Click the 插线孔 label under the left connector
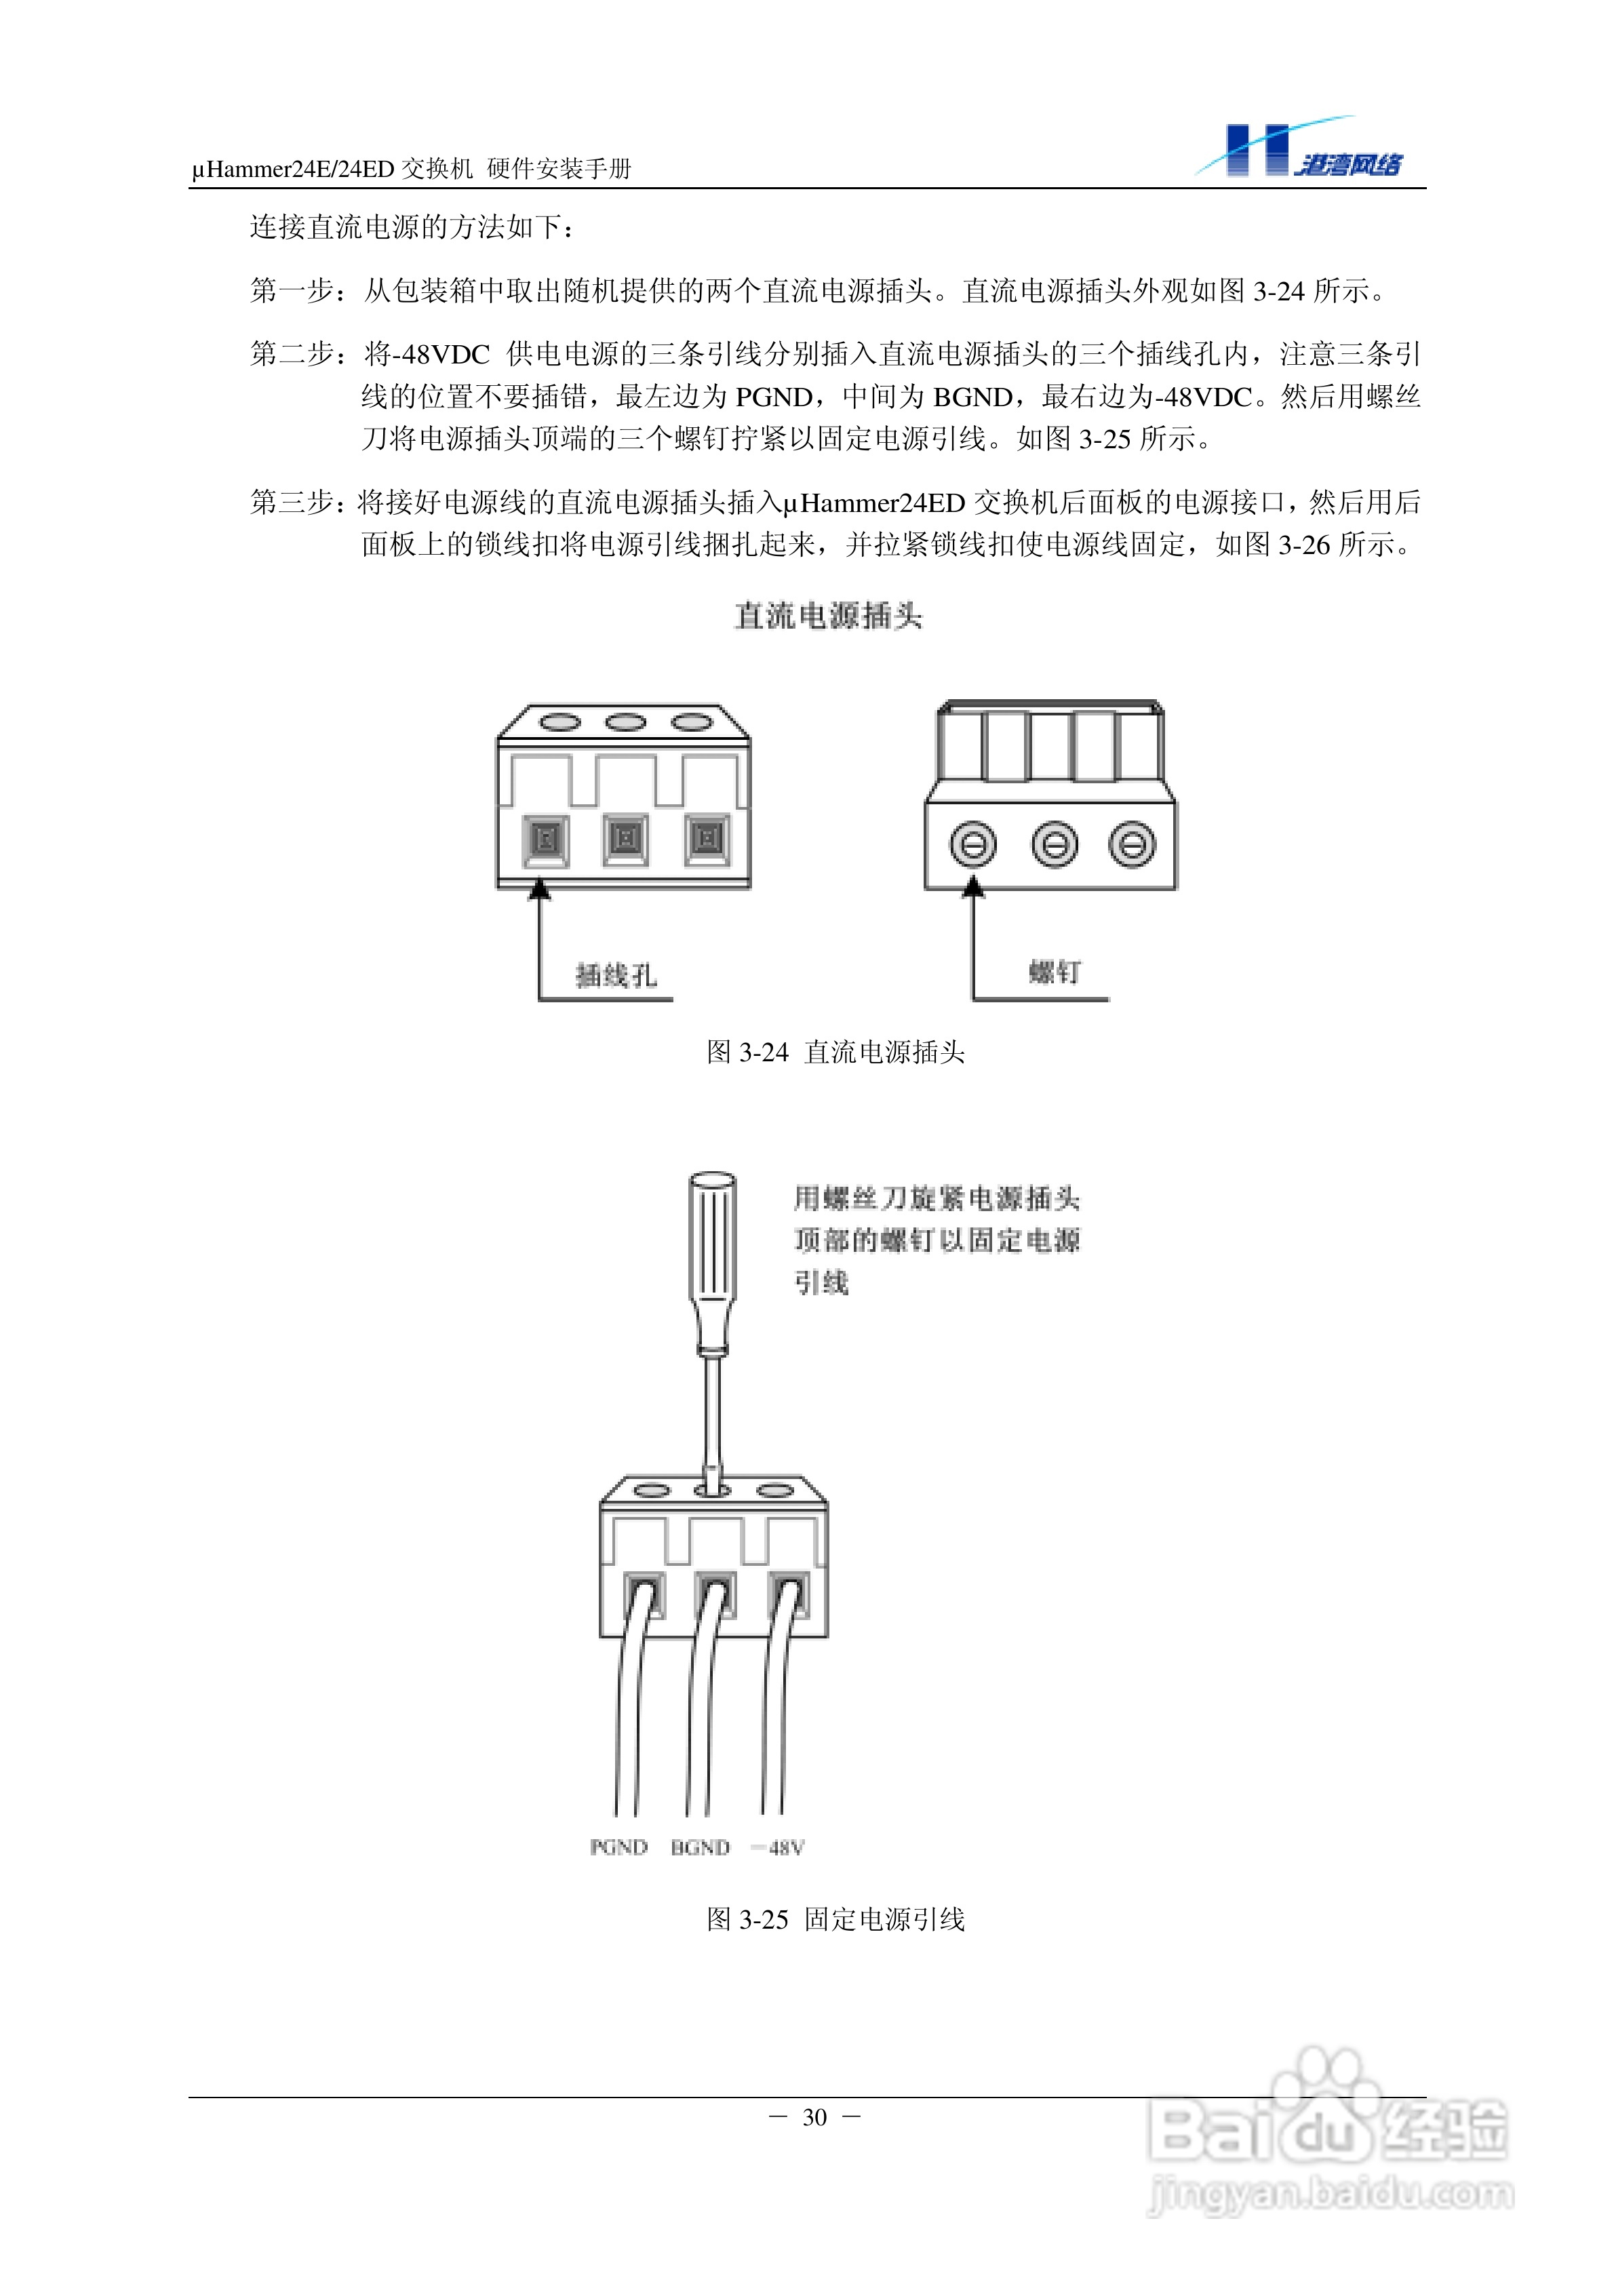616,975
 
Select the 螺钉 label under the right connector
1054,972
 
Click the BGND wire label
700,1847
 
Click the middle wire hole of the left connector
625,839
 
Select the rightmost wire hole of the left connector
707,839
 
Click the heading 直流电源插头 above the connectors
828,616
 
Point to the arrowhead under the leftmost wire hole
539,888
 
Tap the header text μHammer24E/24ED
294,169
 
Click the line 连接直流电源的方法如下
411,228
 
